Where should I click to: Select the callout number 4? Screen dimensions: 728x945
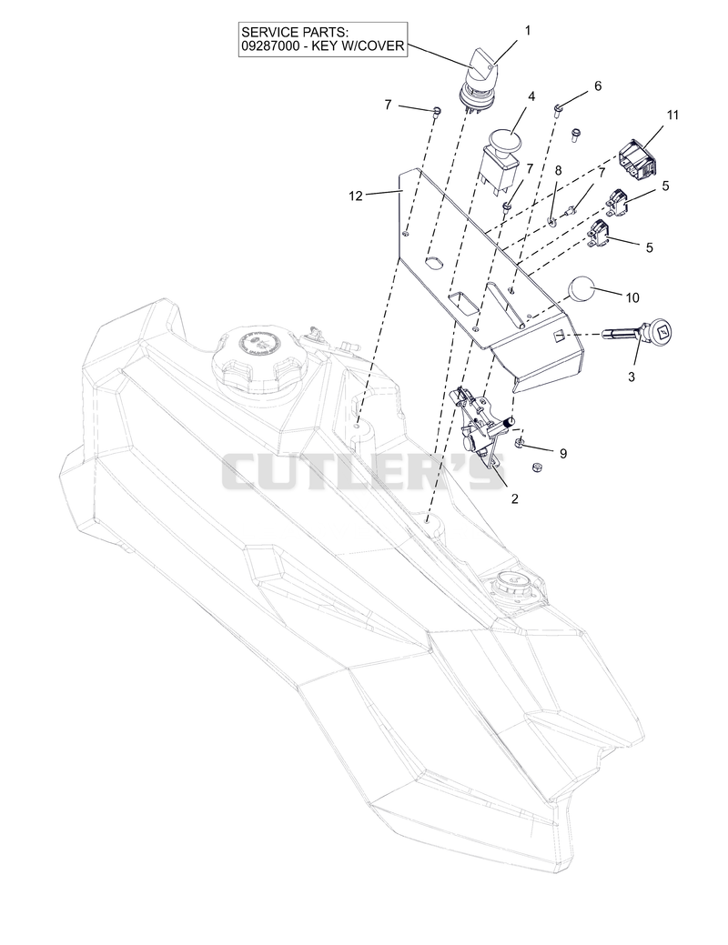tap(531, 96)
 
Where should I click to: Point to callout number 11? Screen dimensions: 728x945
tap(672, 115)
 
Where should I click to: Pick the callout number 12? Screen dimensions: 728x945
tap(355, 196)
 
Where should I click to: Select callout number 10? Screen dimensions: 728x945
tap(632, 297)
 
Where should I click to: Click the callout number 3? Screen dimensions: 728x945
tap(632, 377)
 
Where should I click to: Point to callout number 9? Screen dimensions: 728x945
tap(562, 453)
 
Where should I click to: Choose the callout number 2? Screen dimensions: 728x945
tap(514, 498)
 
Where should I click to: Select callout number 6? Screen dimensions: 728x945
tap(598, 86)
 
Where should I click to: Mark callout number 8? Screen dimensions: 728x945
tap(558, 171)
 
